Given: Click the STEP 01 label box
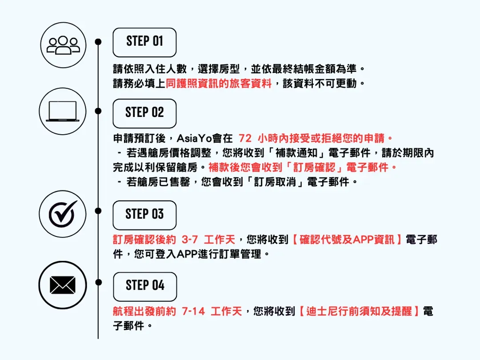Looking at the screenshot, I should pos(144,42).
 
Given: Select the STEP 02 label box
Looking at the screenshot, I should pos(144,113).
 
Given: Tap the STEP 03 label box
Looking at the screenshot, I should pos(144,215).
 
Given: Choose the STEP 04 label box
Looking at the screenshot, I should pos(145,286).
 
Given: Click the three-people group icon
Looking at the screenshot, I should pos(63,45).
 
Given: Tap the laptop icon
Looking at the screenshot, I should pos(63,111).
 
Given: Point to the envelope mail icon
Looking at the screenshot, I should pos(63,285).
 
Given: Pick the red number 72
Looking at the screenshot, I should pos(245,139).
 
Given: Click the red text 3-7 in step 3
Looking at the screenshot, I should pos(190,240).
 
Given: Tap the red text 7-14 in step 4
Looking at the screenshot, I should pos(193,311).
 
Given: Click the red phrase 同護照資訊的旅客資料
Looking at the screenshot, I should pos(218,84).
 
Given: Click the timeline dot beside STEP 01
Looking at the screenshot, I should pos(98,42).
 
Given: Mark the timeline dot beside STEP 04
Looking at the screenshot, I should pos(98,282).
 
